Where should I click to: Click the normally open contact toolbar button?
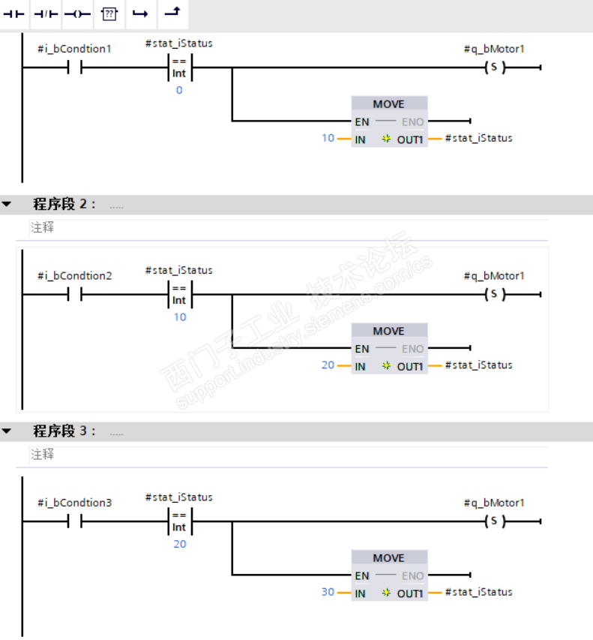(x=13, y=14)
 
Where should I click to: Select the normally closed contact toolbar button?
(x=46, y=14)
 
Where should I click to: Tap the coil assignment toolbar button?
(x=77, y=14)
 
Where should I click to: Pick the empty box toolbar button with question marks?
(x=109, y=14)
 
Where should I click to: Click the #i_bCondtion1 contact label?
(x=75, y=49)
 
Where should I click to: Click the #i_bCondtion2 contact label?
(x=75, y=276)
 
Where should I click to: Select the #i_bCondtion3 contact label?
(x=75, y=503)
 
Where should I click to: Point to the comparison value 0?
(x=179, y=90)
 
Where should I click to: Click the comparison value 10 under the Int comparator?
(x=180, y=317)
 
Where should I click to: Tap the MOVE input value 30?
(x=328, y=592)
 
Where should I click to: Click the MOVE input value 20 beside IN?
(x=328, y=365)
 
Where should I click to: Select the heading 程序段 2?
(x=64, y=204)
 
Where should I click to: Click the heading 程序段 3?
(x=64, y=431)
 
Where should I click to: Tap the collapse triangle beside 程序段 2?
(x=7, y=203)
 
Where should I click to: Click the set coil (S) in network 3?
(x=494, y=521)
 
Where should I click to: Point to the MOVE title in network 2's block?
(x=388, y=331)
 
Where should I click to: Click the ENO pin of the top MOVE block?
(x=413, y=122)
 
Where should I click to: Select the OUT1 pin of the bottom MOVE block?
(x=410, y=593)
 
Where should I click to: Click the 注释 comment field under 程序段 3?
(x=43, y=454)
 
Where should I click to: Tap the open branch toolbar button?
(x=140, y=14)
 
